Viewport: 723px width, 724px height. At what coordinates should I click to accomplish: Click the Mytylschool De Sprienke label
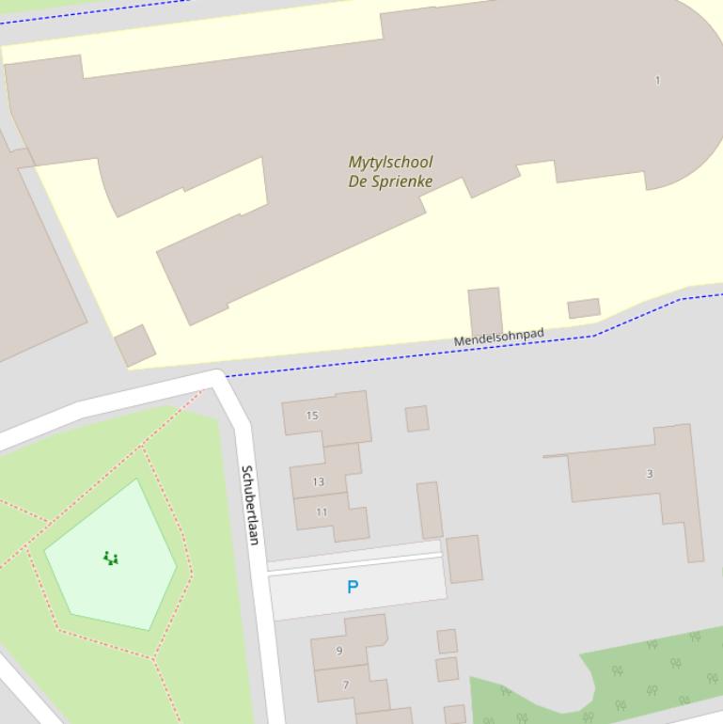pyautogui.click(x=390, y=172)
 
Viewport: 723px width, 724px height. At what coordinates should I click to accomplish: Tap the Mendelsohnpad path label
pyautogui.click(x=498, y=338)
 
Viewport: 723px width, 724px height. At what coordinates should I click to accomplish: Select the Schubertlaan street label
pyautogui.click(x=249, y=504)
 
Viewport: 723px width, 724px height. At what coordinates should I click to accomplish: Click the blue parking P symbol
pyautogui.click(x=353, y=587)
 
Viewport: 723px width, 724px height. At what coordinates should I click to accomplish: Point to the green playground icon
pyautogui.click(x=111, y=559)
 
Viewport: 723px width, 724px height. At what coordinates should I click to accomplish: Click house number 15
pyautogui.click(x=312, y=415)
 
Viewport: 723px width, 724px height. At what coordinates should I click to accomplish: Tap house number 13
pyautogui.click(x=318, y=481)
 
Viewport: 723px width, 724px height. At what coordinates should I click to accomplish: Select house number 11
pyautogui.click(x=322, y=512)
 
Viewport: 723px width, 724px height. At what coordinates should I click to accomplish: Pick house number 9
pyautogui.click(x=339, y=650)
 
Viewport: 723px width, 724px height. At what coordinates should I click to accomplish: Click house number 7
pyautogui.click(x=345, y=685)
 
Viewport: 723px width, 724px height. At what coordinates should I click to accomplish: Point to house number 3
pyautogui.click(x=649, y=473)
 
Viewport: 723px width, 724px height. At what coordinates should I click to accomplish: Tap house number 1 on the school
pyautogui.click(x=657, y=80)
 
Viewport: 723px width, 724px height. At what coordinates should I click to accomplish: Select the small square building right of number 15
pyautogui.click(x=417, y=418)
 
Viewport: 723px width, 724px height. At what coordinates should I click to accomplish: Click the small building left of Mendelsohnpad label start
pyautogui.click(x=135, y=345)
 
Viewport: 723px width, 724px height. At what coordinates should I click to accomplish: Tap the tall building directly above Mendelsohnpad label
pyautogui.click(x=485, y=311)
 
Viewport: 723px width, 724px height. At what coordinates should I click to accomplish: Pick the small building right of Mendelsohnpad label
pyautogui.click(x=583, y=308)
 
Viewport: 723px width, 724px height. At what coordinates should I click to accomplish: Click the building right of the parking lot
pyautogui.click(x=464, y=559)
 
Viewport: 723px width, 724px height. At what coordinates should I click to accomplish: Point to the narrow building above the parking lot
pyautogui.click(x=430, y=510)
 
